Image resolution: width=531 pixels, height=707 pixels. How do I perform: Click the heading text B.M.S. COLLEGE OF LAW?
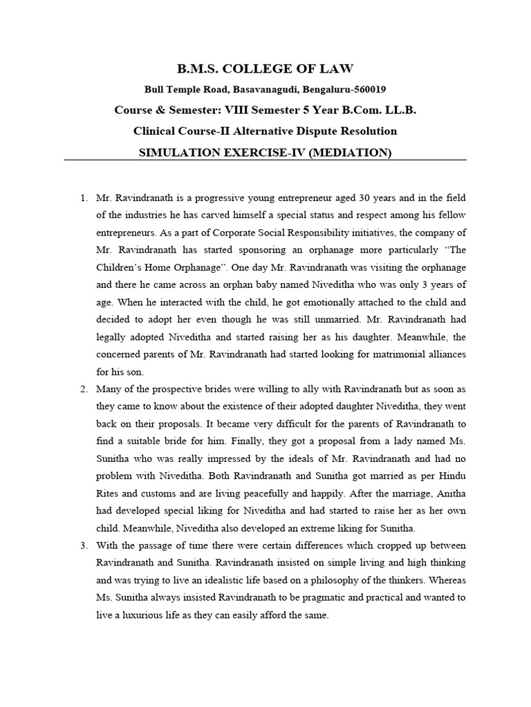point(265,68)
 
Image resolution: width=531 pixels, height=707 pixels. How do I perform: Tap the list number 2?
point(83,389)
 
